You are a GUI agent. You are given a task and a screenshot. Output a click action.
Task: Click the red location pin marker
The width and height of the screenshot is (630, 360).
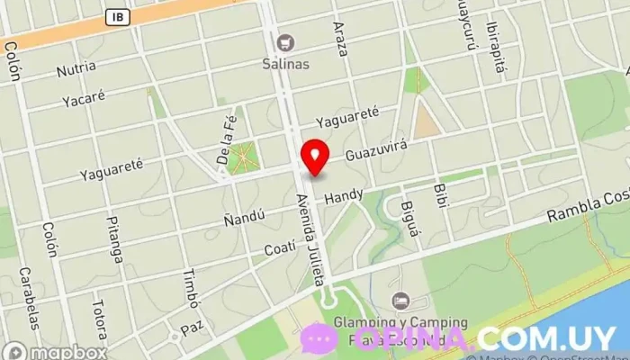pyautogui.click(x=315, y=157)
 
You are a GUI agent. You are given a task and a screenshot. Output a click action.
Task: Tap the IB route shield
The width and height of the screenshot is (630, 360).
pyautogui.click(x=116, y=16)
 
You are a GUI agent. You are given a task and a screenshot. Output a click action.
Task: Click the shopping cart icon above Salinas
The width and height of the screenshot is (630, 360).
pyautogui.click(x=286, y=42)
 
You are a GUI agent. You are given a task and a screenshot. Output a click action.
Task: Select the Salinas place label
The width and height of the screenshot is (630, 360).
pyautogui.click(x=286, y=64)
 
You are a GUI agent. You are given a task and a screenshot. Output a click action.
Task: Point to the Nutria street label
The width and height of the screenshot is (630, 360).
pyautogui.click(x=76, y=69)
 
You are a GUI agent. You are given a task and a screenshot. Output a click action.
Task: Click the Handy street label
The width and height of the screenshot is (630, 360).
pyautogui.click(x=344, y=194)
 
